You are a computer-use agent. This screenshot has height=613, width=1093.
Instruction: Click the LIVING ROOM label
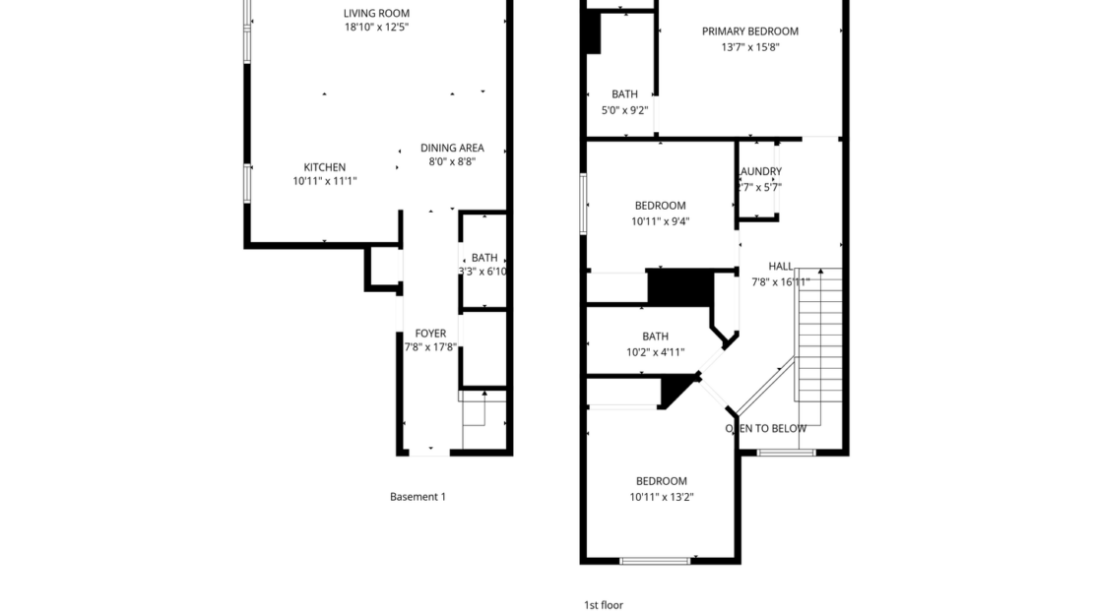click(x=376, y=13)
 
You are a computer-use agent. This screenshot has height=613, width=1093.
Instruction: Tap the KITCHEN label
click(x=324, y=167)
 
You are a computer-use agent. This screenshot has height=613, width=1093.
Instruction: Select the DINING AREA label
click(x=452, y=149)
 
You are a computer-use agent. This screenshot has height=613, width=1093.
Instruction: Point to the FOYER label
click(x=430, y=334)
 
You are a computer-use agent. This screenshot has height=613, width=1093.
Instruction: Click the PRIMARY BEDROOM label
click(x=749, y=31)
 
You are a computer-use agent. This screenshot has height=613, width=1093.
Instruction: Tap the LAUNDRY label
click(x=760, y=171)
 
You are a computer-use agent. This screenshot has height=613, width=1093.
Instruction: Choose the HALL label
click(x=781, y=267)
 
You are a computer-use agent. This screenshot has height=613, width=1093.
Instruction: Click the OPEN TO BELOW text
click(x=766, y=428)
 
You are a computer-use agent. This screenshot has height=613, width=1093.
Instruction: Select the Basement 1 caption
click(x=418, y=497)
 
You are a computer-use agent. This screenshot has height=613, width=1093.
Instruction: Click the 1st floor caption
click(x=604, y=605)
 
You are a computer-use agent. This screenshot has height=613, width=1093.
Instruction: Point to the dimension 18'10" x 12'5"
click(x=376, y=28)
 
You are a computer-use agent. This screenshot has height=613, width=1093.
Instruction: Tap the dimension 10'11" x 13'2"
click(x=661, y=497)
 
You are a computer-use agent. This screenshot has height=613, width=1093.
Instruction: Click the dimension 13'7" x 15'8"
click(x=749, y=46)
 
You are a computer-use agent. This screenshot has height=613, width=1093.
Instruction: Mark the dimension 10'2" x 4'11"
click(x=655, y=351)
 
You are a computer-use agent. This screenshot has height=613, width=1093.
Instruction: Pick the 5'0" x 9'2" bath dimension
click(x=623, y=110)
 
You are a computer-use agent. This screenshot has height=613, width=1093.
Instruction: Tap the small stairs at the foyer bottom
click(x=475, y=411)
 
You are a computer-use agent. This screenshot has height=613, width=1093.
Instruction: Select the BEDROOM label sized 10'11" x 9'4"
click(x=660, y=206)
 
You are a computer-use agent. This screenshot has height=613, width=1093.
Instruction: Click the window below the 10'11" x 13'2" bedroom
click(x=655, y=561)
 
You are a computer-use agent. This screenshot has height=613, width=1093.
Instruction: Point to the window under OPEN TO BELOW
click(x=787, y=452)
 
